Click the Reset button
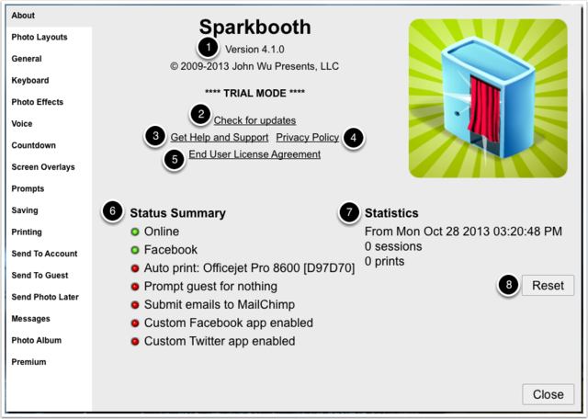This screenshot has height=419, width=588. (548, 286)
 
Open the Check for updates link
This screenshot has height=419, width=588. (254, 120)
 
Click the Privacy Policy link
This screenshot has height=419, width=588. (308, 138)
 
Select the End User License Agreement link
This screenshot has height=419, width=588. (254, 154)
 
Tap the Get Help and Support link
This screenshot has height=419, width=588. (220, 138)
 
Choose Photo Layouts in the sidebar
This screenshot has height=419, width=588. (40, 37)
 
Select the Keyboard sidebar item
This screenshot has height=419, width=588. (30, 80)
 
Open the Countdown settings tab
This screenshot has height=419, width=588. (33, 145)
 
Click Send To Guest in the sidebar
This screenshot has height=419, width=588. (40, 276)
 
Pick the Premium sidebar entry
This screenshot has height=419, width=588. (28, 362)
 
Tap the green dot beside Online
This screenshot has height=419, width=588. (135, 232)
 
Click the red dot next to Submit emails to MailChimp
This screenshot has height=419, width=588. (135, 305)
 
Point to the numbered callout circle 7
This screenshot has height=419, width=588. (349, 212)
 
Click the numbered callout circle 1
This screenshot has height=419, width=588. (209, 48)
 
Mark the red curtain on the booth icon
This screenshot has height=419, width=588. (484, 109)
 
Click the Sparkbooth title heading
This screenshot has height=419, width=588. (255, 27)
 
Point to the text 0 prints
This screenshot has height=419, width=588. (384, 261)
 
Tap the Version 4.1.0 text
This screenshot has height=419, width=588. (254, 49)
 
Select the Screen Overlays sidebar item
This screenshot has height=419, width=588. (43, 167)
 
